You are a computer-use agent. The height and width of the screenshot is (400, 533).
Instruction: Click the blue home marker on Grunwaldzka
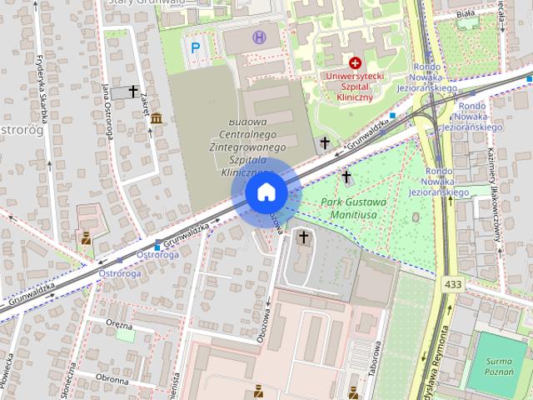coord(266,192)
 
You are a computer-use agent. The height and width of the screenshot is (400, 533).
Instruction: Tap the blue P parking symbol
coord(195,48)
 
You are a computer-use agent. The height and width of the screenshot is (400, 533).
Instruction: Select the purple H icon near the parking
coord(259,37)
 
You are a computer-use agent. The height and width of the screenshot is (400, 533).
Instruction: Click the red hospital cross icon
coord(356,62)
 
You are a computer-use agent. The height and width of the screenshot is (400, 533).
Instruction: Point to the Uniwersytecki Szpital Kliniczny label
coord(356,87)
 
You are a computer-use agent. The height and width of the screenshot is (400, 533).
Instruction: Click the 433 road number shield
coord(453,284)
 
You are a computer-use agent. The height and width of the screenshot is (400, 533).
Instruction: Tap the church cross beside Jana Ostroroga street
coord(133,91)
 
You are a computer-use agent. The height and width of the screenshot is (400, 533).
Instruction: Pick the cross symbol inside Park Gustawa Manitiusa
coord(346,177)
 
